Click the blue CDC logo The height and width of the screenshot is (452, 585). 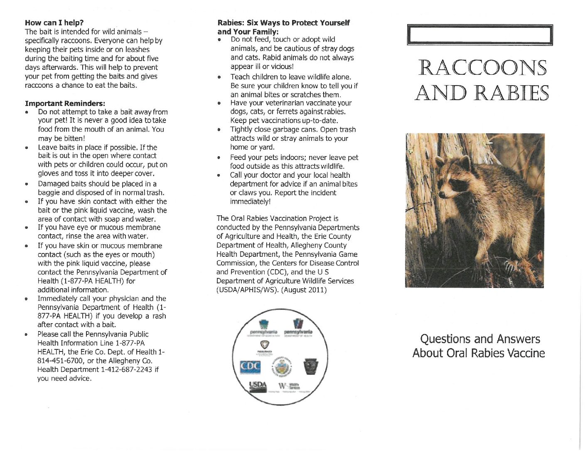(x=251, y=367)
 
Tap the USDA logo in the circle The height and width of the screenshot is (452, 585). (x=257, y=386)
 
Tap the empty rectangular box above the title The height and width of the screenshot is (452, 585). (x=480, y=35)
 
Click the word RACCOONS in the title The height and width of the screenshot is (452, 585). (x=482, y=68)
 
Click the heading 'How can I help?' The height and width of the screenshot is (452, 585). (x=54, y=23)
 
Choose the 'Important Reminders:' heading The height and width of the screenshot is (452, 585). (x=65, y=103)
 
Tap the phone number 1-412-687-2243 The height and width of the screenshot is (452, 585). (x=127, y=369)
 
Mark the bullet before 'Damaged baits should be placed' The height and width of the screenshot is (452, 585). (x=27, y=184)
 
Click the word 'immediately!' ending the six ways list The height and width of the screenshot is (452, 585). (x=250, y=201)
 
